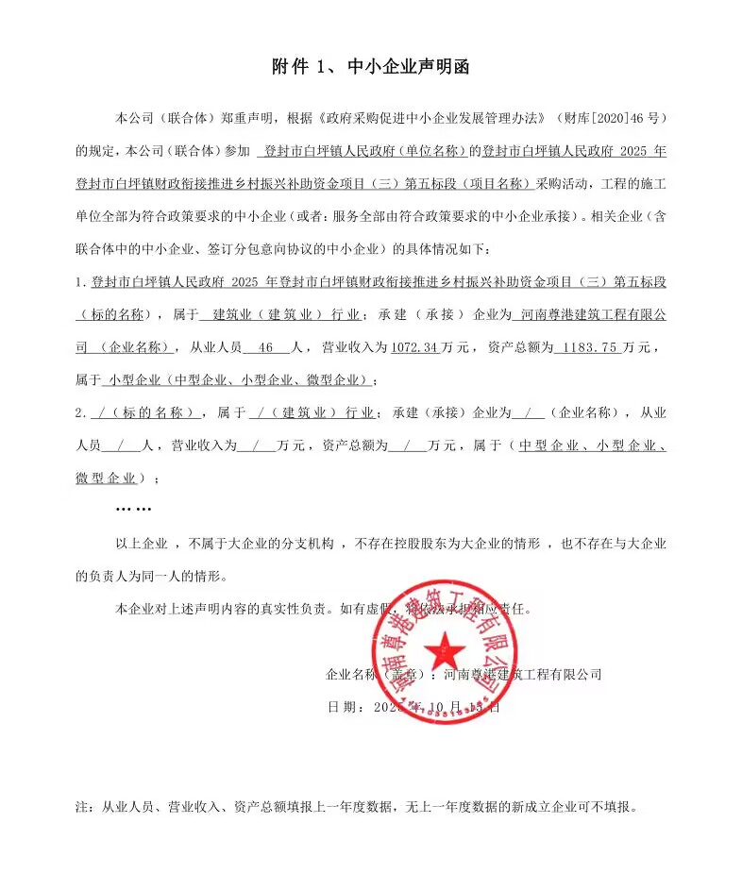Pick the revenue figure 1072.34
(414, 347)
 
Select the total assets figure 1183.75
(590, 347)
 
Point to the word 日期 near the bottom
(341, 706)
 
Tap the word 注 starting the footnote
(80, 808)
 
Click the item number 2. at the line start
(80, 412)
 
